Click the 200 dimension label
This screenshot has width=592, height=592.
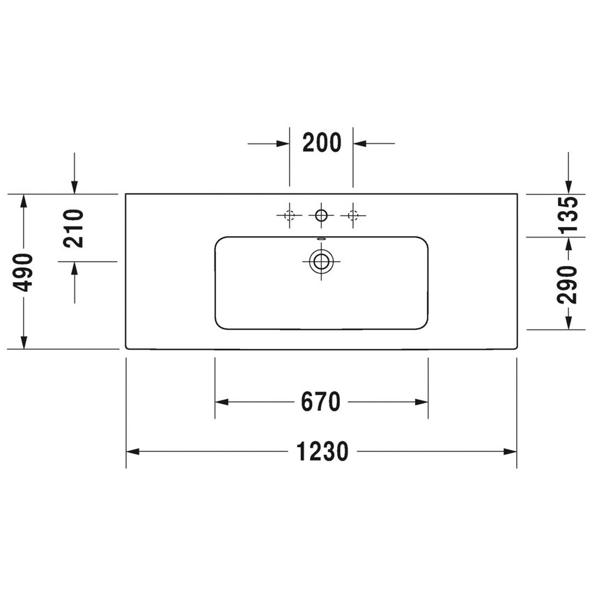[x=321, y=143]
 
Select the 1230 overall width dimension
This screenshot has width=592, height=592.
[x=321, y=452]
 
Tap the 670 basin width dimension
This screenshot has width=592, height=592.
[x=321, y=402]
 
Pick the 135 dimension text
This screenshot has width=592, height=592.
[x=569, y=215]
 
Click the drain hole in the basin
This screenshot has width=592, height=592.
[x=321, y=262]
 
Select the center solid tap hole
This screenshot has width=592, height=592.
[x=321, y=215]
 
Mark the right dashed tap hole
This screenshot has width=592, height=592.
[x=352, y=215]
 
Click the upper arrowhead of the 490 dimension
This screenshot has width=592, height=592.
[x=24, y=201]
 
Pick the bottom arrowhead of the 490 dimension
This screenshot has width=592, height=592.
[x=24, y=342]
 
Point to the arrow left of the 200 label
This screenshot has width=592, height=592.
[x=282, y=143]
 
